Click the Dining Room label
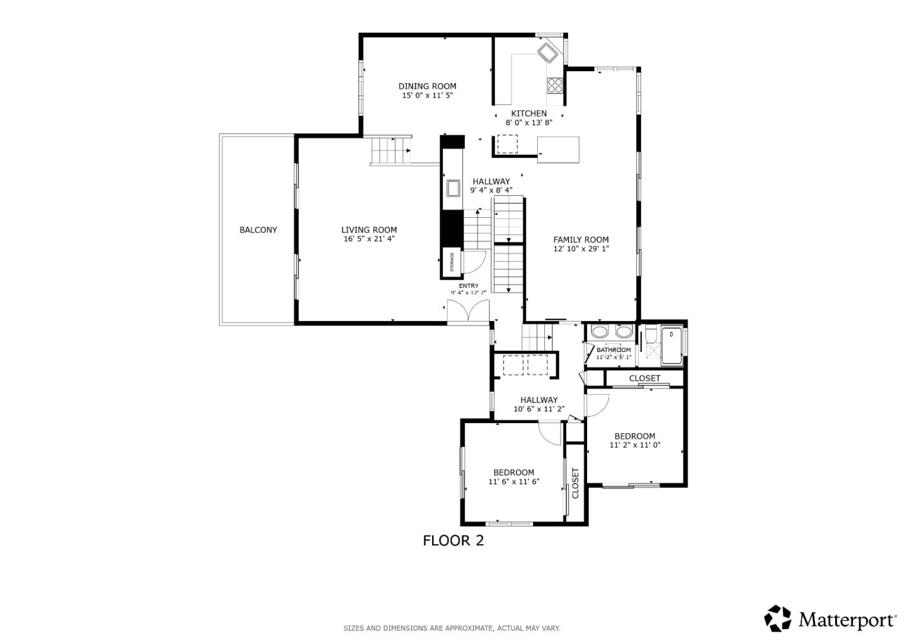(427, 86)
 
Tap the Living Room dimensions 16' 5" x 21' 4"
(369, 239)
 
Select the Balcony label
(258, 230)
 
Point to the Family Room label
(581, 239)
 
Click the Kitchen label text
(528, 113)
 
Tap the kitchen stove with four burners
(554, 85)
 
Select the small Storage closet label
(452, 263)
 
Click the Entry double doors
(468, 312)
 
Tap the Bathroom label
(613, 350)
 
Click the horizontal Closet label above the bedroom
(645, 378)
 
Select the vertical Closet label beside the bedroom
(575, 482)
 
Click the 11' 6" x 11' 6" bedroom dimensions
(514, 482)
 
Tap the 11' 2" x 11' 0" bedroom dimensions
(635, 445)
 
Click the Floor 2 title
(453, 540)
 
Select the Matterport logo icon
(778, 618)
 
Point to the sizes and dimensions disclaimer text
(452, 628)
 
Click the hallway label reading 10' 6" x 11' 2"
(539, 409)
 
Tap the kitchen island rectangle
(558, 149)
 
